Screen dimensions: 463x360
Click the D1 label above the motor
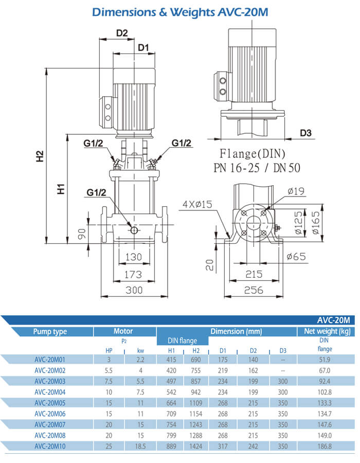[x=143, y=48]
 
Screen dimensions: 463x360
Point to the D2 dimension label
[x=121, y=33]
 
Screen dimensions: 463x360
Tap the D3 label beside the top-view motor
[x=306, y=133]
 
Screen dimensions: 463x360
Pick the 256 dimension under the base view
[x=253, y=290]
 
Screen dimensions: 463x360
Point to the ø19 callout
[x=297, y=191]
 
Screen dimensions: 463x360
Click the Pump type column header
[x=50, y=331]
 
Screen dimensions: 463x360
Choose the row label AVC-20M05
[x=50, y=402]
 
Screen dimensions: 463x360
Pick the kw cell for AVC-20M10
[x=140, y=447]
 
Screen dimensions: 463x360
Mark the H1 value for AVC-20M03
[x=171, y=381]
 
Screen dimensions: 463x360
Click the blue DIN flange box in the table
[x=183, y=341]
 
